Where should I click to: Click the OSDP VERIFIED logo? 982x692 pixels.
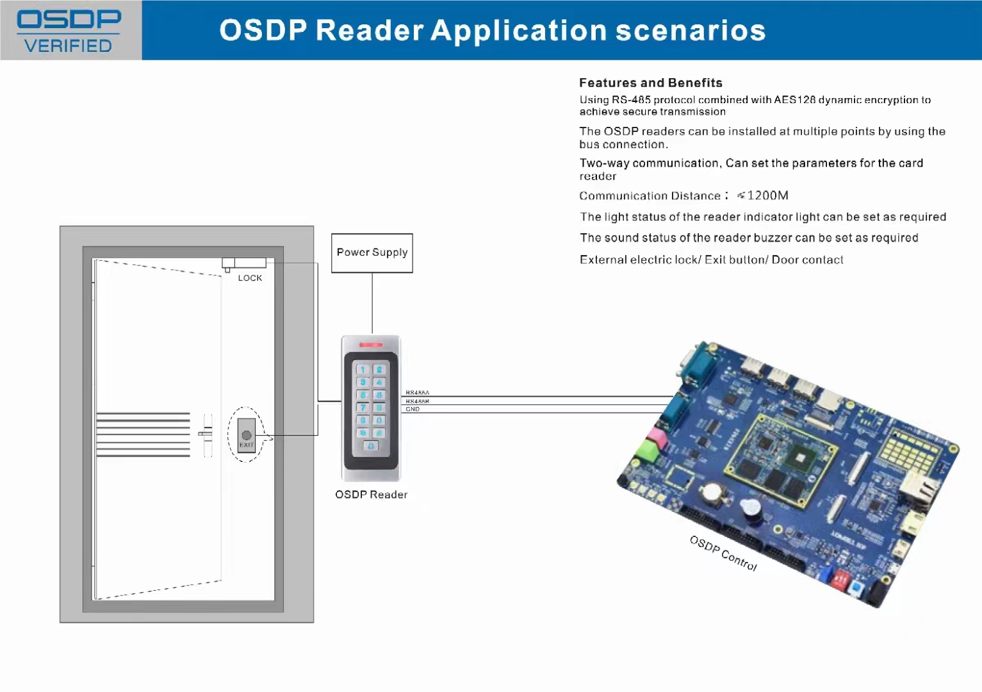tap(69, 31)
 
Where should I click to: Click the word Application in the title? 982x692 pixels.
tap(518, 31)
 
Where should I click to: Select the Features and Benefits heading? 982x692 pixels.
tap(650, 83)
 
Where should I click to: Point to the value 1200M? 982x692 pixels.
tap(767, 195)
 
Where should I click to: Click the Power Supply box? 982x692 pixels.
tap(372, 253)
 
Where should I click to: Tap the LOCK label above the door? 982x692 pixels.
tap(250, 278)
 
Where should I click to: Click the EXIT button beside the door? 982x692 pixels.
tap(247, 436)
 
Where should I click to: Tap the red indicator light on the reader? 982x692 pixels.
tap(371, 345)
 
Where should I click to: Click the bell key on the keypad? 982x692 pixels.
tap(371, 446)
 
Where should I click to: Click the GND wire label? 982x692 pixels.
tap(413, 409)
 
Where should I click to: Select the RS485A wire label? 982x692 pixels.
tap(417, 393)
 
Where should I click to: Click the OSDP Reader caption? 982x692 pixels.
tap(371, 495)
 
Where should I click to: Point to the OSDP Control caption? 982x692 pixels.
tap(723, 553)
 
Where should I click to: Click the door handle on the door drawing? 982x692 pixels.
tap(206, 434)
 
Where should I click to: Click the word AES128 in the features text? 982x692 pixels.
tap(794, 100)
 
